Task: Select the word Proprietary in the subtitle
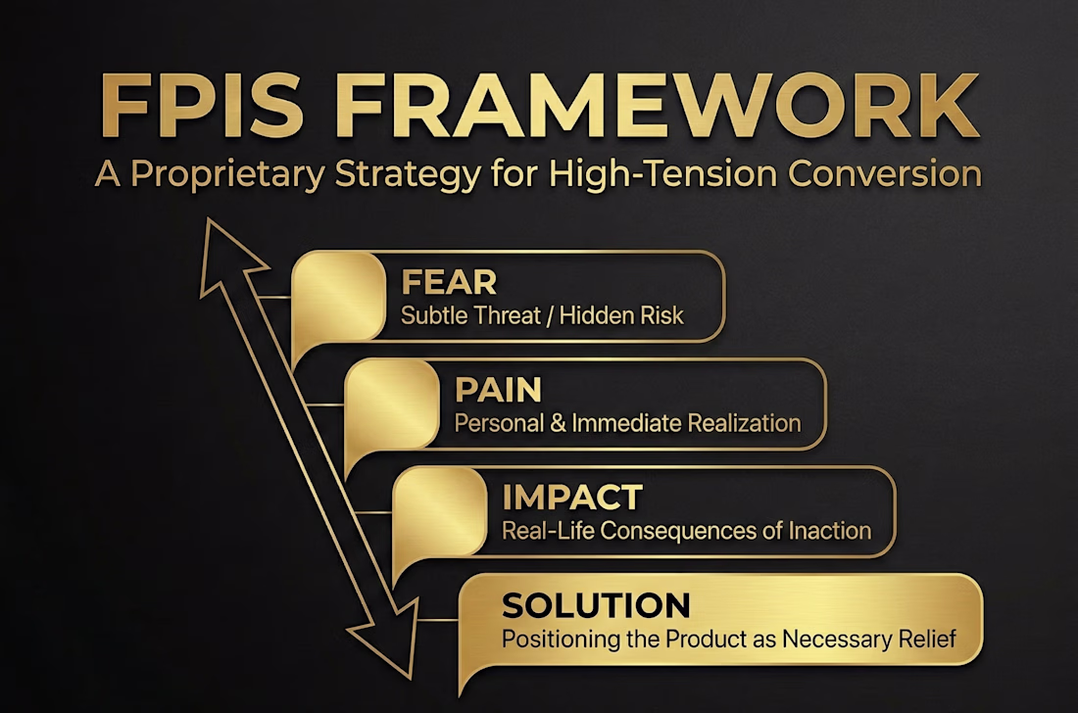pyautogui.click(x=227, y=174)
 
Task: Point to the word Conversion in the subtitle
pyautogui.click(x=885, y=173)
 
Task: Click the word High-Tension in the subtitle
pyautogui.click(x=662, y=173)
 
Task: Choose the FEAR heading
pyautogui.click(x=449, y=282)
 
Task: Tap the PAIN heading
pyautogui.click(x=498, y=390)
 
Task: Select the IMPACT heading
pyautogui.click(x=572, y=498)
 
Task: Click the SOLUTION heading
pyautogui.click(x=596, y=605)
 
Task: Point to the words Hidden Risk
pyautogui.click(x=621, y=315)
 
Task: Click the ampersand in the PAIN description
pyautogui.click(x=559, y=423)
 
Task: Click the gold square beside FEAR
pyautogui.click(x=338, y=297)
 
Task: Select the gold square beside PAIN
pyautogui.click(x=392, y=404)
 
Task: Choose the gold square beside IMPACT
pyautogui.click(x=440, y=512)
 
